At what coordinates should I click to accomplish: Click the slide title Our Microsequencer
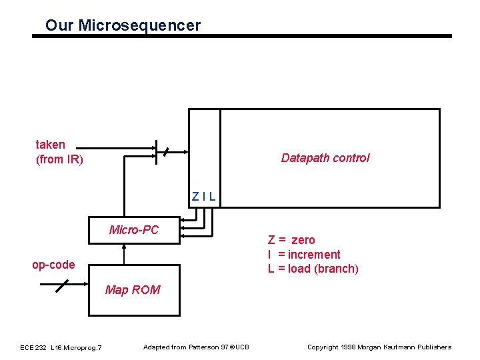click(x=123, y=26)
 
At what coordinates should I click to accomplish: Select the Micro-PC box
click(x=134, y=231)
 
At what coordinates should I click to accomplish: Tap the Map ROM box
click(x=133, y=290)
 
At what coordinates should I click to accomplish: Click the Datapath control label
click(x=325, y=158)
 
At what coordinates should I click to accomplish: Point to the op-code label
click(x=53, y=265)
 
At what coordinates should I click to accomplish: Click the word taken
click(x=51, y=145)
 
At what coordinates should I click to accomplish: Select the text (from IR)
click(x=59, y=159)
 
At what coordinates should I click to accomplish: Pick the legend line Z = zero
click(x=291, y=240)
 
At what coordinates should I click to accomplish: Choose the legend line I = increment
click(x=304, y=255)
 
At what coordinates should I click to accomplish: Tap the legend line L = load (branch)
click(x=313, y=269)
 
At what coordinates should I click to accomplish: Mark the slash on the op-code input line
click(x=61, y=285)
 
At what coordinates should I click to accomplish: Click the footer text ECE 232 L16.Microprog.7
click(x=61, y=347)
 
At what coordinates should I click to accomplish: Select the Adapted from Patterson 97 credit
click(x=196, y=347)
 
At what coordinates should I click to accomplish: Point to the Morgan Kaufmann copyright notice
click(x=379, y=347)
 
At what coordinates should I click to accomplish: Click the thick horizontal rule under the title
click(x=242, y=36)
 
